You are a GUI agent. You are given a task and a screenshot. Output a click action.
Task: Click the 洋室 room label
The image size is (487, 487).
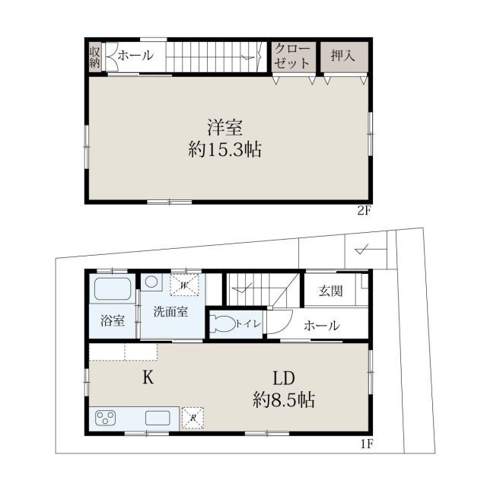tap(225, 127)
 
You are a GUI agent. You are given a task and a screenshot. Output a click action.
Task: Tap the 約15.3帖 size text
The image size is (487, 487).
tap(225, 149)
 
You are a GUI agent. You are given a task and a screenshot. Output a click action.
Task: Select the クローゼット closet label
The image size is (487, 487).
tap(292, 56)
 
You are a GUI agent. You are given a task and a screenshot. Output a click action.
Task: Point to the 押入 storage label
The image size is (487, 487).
tap(343, 56)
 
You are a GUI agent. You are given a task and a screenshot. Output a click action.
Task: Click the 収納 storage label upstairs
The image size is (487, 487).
tap(94, 58)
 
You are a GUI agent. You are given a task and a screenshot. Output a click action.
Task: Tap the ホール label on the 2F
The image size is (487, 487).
tap(135, 56)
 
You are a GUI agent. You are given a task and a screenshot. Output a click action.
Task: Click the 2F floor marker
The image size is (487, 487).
tap(364, 211)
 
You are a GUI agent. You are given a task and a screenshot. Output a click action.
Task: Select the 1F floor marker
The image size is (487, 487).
tap(366, 444)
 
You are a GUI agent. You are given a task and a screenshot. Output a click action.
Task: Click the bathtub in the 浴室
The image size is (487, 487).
tap(113, 289)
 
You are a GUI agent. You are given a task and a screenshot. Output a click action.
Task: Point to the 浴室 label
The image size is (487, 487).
tap(113, 320)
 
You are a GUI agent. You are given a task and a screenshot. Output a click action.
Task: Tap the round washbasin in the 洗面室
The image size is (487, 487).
tap(151, 282)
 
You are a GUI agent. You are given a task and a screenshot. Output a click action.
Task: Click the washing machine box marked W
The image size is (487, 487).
tap(184, 285)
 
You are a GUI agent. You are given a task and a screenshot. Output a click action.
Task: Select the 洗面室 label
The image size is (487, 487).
tap(170, 311)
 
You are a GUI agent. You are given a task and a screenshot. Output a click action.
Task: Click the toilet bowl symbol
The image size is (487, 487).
tap(222, 324)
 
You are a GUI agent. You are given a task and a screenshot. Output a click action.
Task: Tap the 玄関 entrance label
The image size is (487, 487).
tap(331, 291)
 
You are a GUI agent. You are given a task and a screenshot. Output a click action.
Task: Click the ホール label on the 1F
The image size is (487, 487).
tap(321, 326)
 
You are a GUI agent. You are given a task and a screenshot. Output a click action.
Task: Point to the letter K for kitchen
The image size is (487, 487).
tap(148, 378)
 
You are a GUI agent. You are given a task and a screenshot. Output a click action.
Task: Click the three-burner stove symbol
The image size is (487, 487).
tap(106, 418)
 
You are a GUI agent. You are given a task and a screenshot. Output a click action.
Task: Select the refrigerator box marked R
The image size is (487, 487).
tap(193, 418)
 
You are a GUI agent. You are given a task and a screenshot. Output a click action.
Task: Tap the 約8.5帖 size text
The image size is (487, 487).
tap(284, 400)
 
